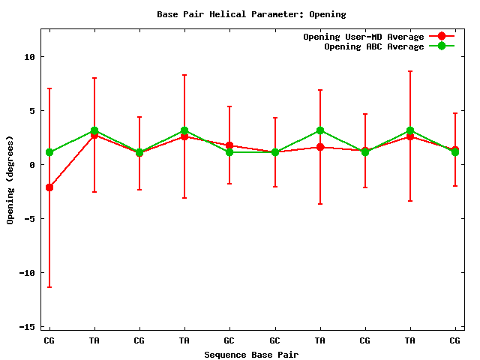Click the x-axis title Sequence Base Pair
tap(251, 354)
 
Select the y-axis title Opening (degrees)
tap(10, 180)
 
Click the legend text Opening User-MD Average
tap(363, 37)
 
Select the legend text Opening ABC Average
tap(373, 46)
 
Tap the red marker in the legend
tap(442, 37)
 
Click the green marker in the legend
tap(442, 46)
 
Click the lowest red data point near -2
tap(49, 187)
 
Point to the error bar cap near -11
tap(49, 287)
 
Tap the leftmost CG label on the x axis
tap(49, 340)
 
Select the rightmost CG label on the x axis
tap(454, 340)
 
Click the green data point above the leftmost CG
tap(49, 152)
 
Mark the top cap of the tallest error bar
tap(409, 71)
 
